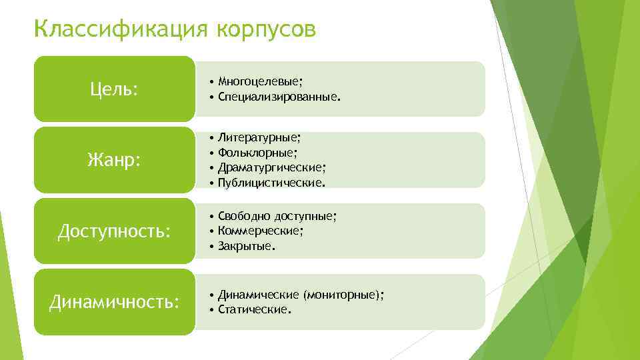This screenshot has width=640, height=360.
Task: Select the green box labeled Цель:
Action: (114, 89)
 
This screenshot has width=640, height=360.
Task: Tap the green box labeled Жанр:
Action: (114, 160)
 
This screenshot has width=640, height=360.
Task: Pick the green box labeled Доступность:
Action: (114, 231)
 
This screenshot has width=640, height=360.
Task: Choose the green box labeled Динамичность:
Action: (114, 302)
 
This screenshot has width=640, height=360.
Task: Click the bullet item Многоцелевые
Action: (260, 81)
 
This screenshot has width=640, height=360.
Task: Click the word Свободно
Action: (241, 216)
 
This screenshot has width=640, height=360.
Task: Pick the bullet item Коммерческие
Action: (261, 231)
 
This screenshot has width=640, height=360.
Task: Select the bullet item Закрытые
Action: (246, 245)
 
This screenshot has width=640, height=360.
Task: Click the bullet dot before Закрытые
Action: (211, 246)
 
